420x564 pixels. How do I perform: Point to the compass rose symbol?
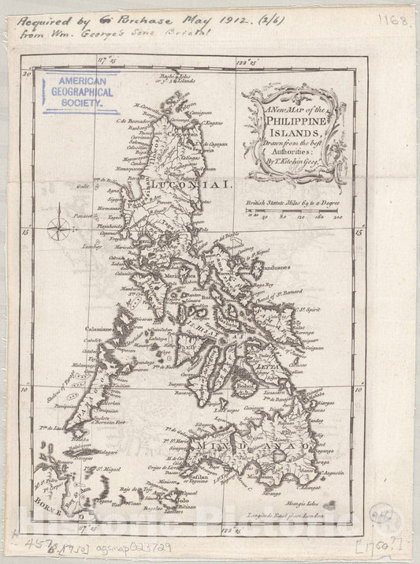tap(58, 230)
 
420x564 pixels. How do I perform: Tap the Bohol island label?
tap(243, 384)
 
